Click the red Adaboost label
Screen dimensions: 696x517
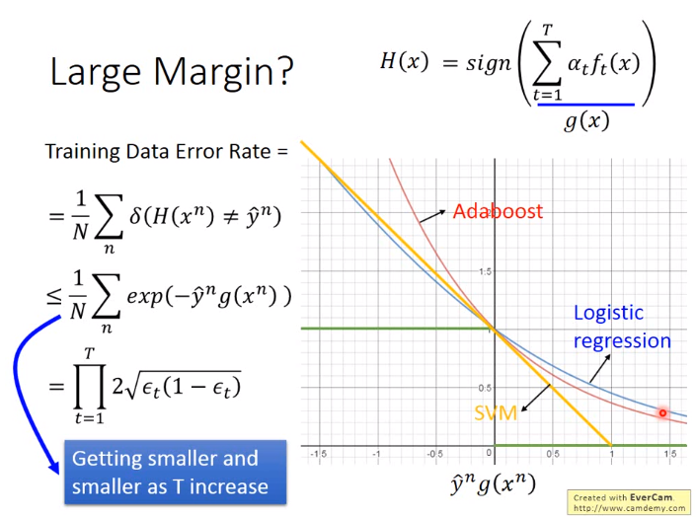[498, 211]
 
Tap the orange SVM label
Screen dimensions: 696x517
[496, 413]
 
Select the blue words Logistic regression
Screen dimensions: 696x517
[622, 327]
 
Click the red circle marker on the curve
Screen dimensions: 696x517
[662, 413]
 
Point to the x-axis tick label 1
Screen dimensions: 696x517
[611, 454]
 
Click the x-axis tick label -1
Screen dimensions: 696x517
[377, 454]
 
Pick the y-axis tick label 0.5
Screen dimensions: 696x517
[485, 388]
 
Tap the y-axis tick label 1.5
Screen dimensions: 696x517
[485, 271]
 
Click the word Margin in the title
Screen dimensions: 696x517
[224, 71]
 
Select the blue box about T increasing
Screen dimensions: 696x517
[176, 473]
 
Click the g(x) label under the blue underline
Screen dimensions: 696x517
[586, 120]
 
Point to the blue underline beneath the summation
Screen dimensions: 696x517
[585, 105]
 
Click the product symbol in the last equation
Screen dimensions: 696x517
[90, 386]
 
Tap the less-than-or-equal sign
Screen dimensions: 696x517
[53, 297]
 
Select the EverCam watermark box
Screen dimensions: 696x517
[630, 502]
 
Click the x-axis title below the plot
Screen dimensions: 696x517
[493, 483]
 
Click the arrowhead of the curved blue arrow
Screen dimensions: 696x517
[54, 468]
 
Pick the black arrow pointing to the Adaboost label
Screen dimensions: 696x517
[432, 216]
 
